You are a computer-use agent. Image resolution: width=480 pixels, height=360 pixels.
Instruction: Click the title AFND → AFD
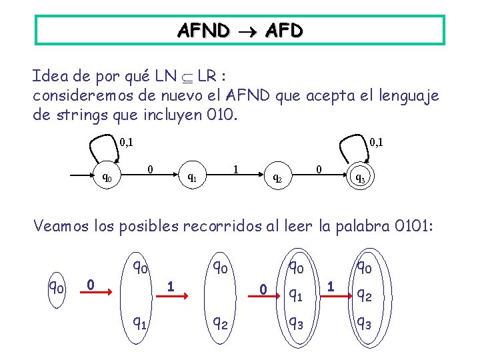239,30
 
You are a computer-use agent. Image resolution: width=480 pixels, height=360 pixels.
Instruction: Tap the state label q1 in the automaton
191,177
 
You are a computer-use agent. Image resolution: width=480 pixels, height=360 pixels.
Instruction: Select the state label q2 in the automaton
277,178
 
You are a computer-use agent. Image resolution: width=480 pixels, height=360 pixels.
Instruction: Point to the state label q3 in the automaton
359,178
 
